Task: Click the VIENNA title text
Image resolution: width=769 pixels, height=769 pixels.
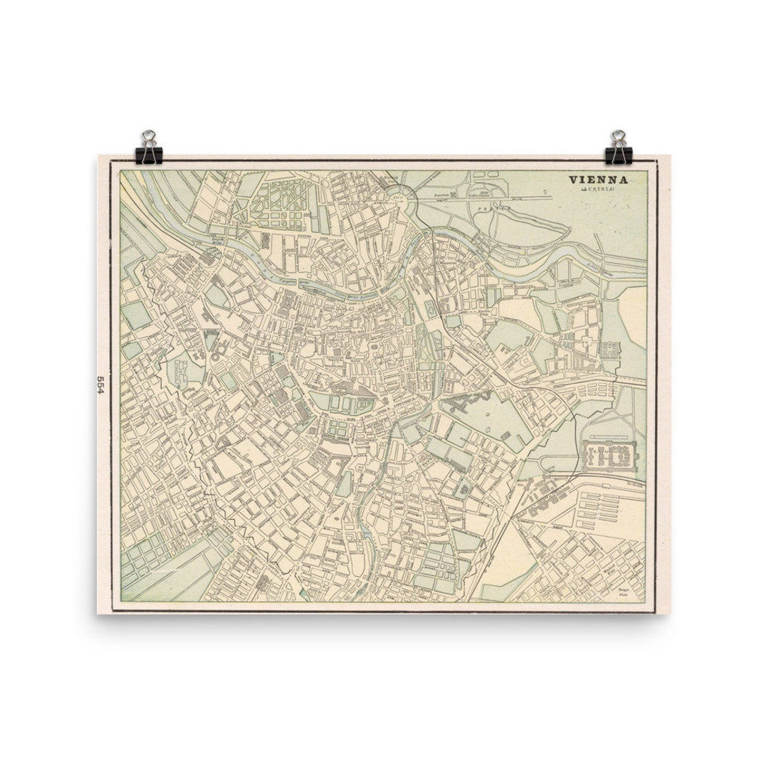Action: pyautogui.click(x=597, y=180)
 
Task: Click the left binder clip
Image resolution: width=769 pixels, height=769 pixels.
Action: pyautogui.click(x=149, y=147)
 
